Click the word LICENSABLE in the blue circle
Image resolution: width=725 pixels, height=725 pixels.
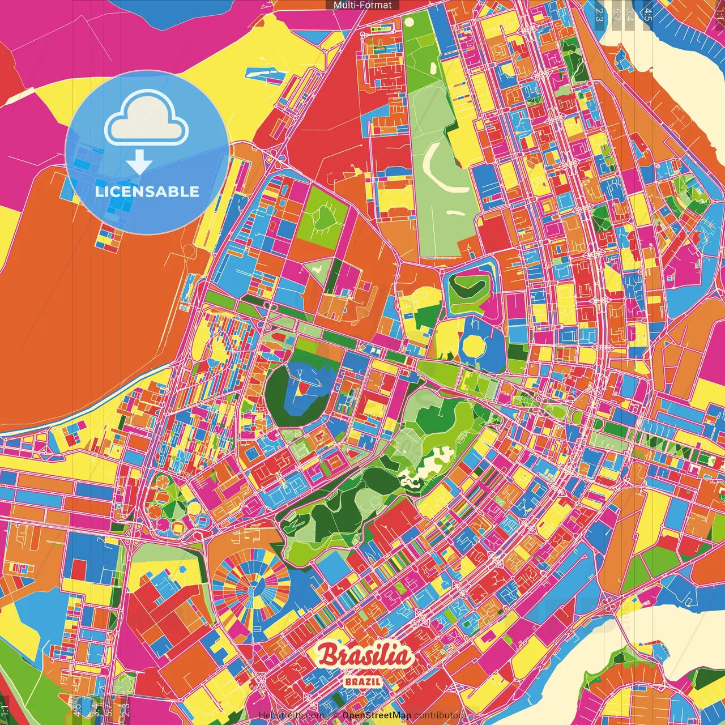(147, 191)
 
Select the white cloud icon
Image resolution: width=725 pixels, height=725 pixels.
(147, 121)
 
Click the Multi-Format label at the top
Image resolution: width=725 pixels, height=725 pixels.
(362, 5)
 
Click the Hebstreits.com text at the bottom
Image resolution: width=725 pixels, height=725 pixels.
(291, 715)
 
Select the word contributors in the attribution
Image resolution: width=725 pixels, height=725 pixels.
(440, 715)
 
